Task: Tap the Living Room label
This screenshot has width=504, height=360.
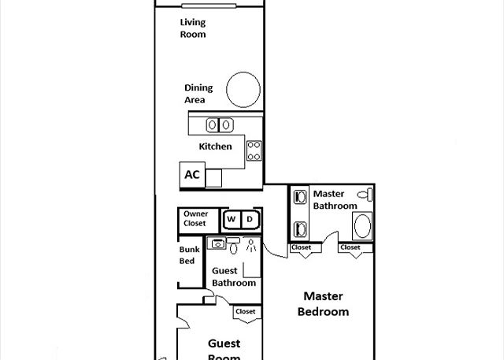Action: [193, 28]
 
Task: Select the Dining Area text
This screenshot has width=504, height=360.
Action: [198, 94]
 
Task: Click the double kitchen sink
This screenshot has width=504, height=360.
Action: [220, 125]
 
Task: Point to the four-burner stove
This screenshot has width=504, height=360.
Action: [254, 150]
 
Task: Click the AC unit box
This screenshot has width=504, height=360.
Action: [192, 175]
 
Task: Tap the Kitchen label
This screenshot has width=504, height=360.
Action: [215, 147]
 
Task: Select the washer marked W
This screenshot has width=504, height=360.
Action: [232, 220]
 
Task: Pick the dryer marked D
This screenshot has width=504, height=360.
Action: [250, 220]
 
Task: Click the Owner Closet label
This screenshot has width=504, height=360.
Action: [196, 218]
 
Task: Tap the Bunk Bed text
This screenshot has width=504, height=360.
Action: [189, 255]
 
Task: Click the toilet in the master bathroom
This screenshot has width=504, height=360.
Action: [365, 195]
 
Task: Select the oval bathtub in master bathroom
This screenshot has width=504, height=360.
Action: [362, 226]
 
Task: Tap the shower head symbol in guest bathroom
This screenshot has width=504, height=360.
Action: [251, 246]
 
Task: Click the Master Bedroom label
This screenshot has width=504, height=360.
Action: [323, 304]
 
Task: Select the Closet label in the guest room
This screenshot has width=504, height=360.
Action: [245, 311]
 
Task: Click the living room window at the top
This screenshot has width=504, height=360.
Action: [209, 6]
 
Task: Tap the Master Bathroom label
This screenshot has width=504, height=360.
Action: [335, 199]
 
